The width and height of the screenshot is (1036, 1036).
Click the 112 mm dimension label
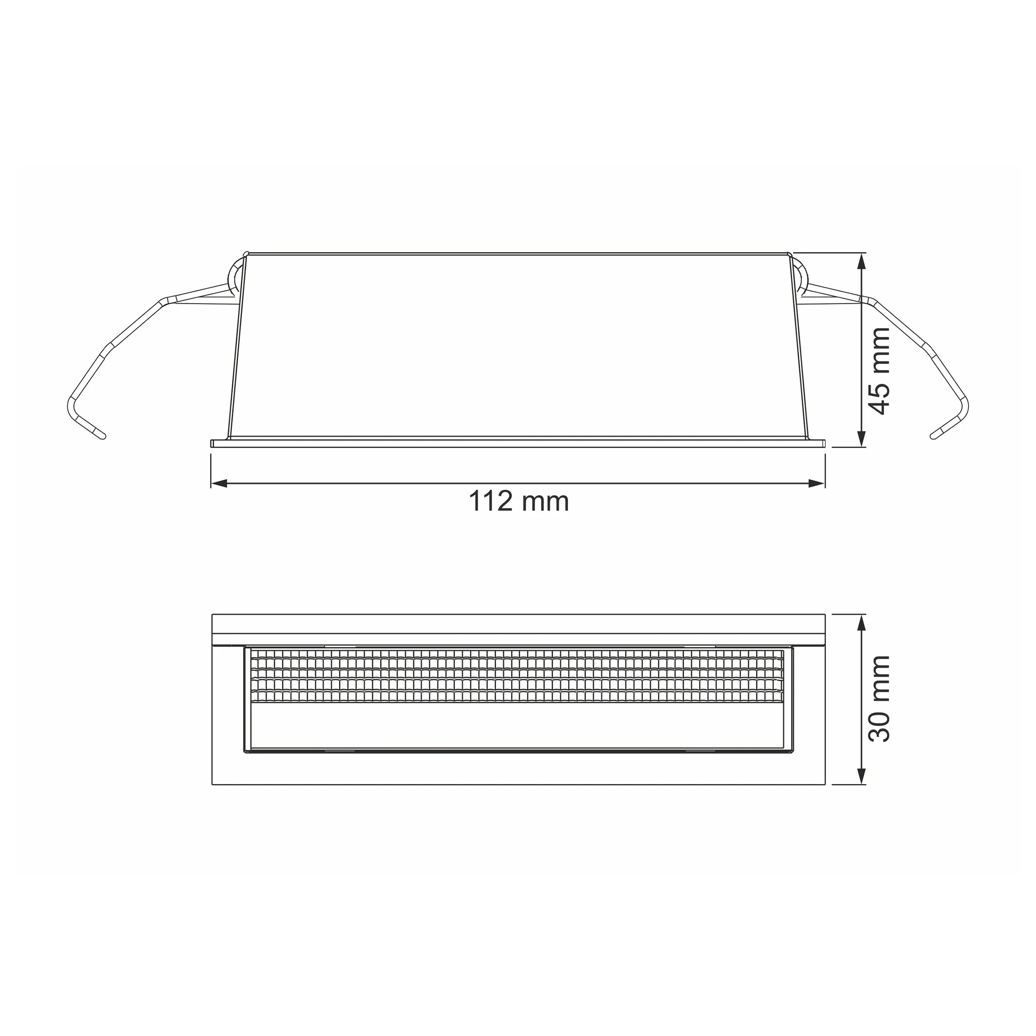click(x=518, y=501)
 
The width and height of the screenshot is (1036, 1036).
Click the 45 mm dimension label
click(x=879, y=371)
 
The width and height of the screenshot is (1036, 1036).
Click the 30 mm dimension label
click(x=879, y=698)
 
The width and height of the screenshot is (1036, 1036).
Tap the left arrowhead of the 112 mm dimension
click(x=219, y=484)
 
